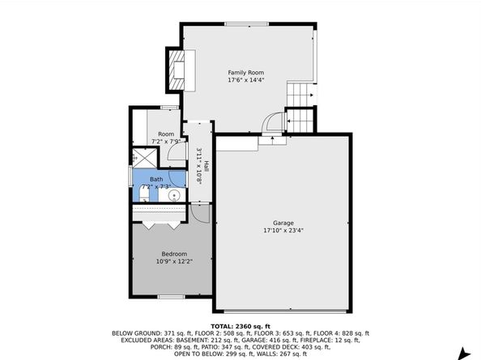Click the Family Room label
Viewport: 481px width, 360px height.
pos(245,73)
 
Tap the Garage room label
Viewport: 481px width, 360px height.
pos(283,223)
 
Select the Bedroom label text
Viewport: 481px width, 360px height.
pos(174,254)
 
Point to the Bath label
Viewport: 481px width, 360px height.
pos(156,180)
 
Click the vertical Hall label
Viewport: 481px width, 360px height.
pos(206,167)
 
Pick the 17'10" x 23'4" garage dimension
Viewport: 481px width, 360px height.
pos(283,231)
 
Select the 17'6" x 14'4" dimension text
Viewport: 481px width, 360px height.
pos(245,80)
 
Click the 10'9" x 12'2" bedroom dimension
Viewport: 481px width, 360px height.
pos(174,261)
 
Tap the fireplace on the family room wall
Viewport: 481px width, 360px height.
pos(178,70)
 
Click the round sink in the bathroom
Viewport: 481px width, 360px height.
pos(174,195)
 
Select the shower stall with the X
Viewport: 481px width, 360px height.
pos(144,158)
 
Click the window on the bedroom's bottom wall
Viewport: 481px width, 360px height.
pos(171,297)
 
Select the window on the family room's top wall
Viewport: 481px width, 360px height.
pos(247,24)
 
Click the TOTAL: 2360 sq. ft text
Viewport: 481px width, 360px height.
pos(240,326)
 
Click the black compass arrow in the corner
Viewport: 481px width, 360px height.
pos(464,354)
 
